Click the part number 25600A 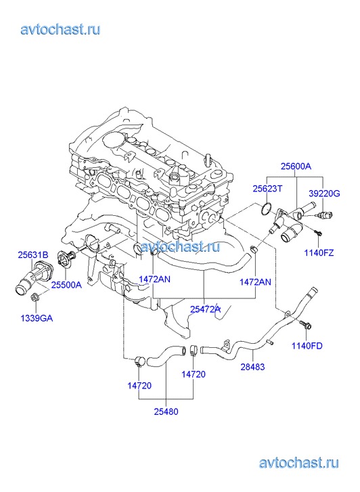(x=296, y=166)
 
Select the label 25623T (x=267, y=189)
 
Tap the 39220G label (x=324, y=194)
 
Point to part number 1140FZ (x=319, y=252)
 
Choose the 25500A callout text (x=66, y=285)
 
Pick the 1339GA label (x=37, y=319)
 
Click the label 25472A (x=205, y=309)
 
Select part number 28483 (x=252, y=367)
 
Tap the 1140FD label (x=307, y=346)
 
